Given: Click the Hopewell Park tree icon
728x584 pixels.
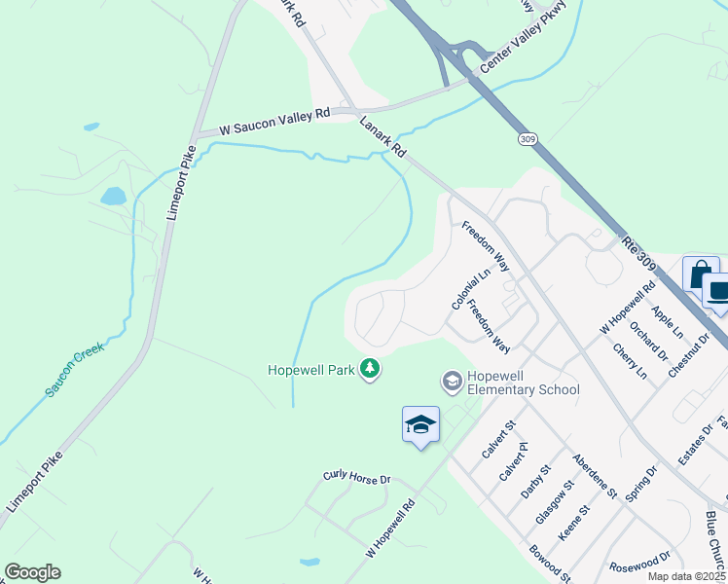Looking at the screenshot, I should pyautogui.click(x=370, y=369).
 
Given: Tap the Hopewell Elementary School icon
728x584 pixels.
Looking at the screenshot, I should pyautogui.click(x=452, y=381).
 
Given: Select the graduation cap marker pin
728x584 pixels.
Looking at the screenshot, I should pyautogui.click(x=420, y=425).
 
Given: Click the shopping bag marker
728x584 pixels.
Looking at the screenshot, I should pyautogui.click(x=700, y=274).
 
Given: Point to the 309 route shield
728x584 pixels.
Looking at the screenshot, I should pyautogui.click(x=527, y=140).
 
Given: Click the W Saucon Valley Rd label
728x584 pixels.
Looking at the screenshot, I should pyautogui.click(x=274, y=122).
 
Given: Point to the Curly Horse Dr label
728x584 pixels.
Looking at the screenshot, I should pyautogui.click(x=356, y=479).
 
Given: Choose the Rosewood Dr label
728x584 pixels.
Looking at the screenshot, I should pyautogui.click(x=638, y=564).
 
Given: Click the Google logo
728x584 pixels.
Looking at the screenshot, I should pyautogui.click(x=32, y=572).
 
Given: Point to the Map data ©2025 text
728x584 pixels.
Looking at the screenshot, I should pyautogui.click(x=687, y=576).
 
